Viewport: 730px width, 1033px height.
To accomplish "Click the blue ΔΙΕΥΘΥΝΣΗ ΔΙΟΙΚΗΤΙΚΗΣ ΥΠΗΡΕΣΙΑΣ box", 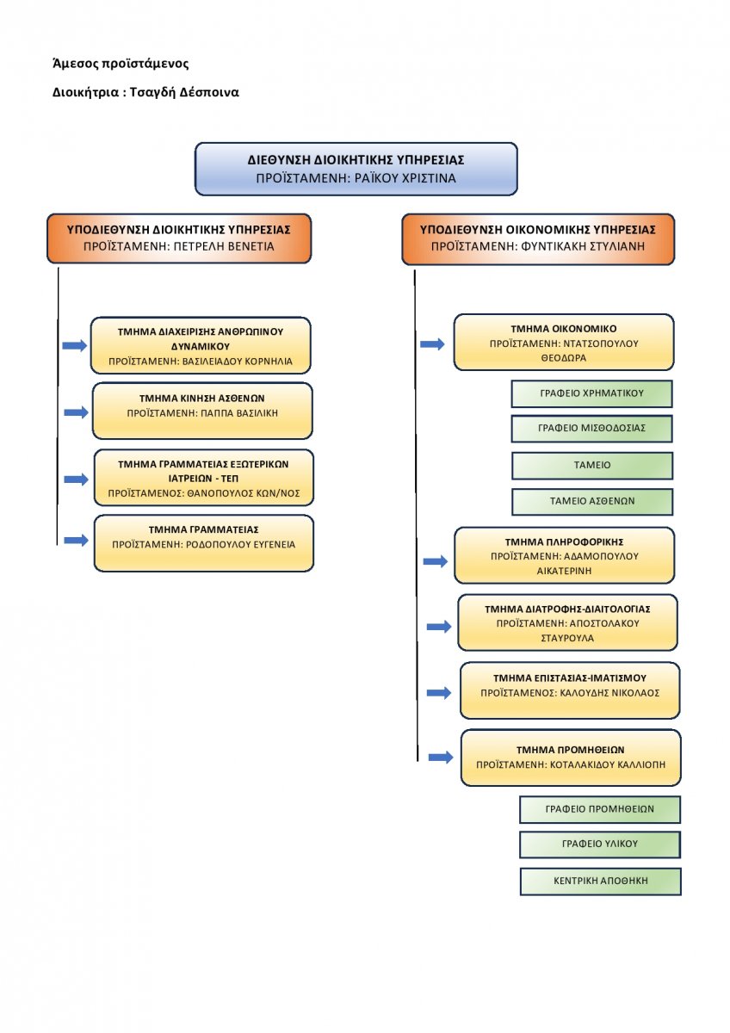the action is (356, 169).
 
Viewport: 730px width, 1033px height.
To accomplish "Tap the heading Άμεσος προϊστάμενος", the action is (121, 63).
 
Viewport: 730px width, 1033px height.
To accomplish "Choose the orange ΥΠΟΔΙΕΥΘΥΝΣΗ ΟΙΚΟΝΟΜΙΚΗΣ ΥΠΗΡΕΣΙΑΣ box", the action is (538, 239).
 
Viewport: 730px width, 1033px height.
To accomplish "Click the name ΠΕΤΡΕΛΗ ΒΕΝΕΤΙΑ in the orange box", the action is (224, 246).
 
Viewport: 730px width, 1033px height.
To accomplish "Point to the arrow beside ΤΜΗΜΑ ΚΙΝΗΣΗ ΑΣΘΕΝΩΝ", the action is (76, 412).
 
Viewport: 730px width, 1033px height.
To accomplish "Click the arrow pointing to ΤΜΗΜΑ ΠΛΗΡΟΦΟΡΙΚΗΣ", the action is (436, 561).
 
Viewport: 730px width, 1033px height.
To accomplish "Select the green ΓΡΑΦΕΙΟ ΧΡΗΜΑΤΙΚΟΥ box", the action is (591, 394).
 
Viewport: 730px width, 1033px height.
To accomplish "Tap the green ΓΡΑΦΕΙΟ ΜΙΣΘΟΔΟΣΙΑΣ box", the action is (591, 429).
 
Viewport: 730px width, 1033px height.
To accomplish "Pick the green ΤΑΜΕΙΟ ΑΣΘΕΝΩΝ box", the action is (592, 501).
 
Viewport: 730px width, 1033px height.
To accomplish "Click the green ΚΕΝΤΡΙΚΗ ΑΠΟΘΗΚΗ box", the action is (600, 881).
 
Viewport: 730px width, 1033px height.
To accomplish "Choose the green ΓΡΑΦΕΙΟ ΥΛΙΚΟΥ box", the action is (599, 844).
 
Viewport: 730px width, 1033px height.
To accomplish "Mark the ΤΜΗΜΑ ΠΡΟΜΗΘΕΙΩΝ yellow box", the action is (571, 758).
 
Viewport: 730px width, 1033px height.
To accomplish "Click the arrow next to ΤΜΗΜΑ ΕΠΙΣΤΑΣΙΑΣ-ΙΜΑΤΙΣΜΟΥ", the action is (438, 693).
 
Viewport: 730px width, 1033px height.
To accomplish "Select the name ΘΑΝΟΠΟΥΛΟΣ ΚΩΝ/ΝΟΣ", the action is (243, 493).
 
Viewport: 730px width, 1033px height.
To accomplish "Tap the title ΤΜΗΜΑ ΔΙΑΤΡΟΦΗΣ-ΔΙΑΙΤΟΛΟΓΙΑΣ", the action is (567, 609).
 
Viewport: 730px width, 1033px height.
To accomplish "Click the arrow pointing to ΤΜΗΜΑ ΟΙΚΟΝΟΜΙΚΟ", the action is (432, 344).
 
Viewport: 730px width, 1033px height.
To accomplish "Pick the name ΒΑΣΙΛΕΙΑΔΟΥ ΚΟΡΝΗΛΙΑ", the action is (237, 362).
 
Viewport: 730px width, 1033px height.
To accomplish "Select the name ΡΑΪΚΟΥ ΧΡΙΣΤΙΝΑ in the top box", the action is (405, 178).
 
